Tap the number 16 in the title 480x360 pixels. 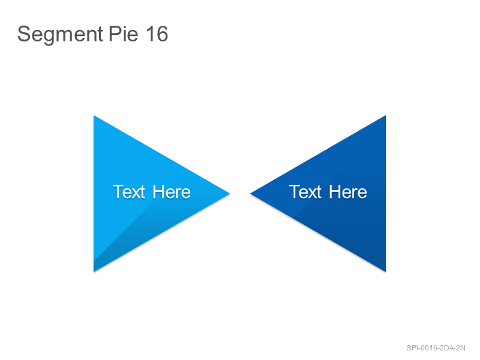(x=157, y=34)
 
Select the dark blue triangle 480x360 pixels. (x=340, y=193)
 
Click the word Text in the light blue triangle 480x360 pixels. (x=129, y=192)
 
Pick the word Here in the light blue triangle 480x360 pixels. (x=172, y=192)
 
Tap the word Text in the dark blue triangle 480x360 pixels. (x=305, y=192)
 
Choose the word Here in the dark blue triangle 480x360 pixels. (x=348, y=192)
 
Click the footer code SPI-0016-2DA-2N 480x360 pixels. (x=436, y=348)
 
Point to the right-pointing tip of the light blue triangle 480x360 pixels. (x=230, y=193)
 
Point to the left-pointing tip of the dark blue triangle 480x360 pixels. (x=250, y=193)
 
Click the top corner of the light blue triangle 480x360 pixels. (x=94, y=115)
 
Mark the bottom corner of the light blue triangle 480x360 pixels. (x=94, y=272)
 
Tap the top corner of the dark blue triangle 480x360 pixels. (x=386, y=115)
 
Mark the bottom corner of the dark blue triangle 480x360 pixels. (x=386, y=272)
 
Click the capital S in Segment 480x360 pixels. (x=23, y=34)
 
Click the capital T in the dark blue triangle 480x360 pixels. (x=295, y=192)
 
